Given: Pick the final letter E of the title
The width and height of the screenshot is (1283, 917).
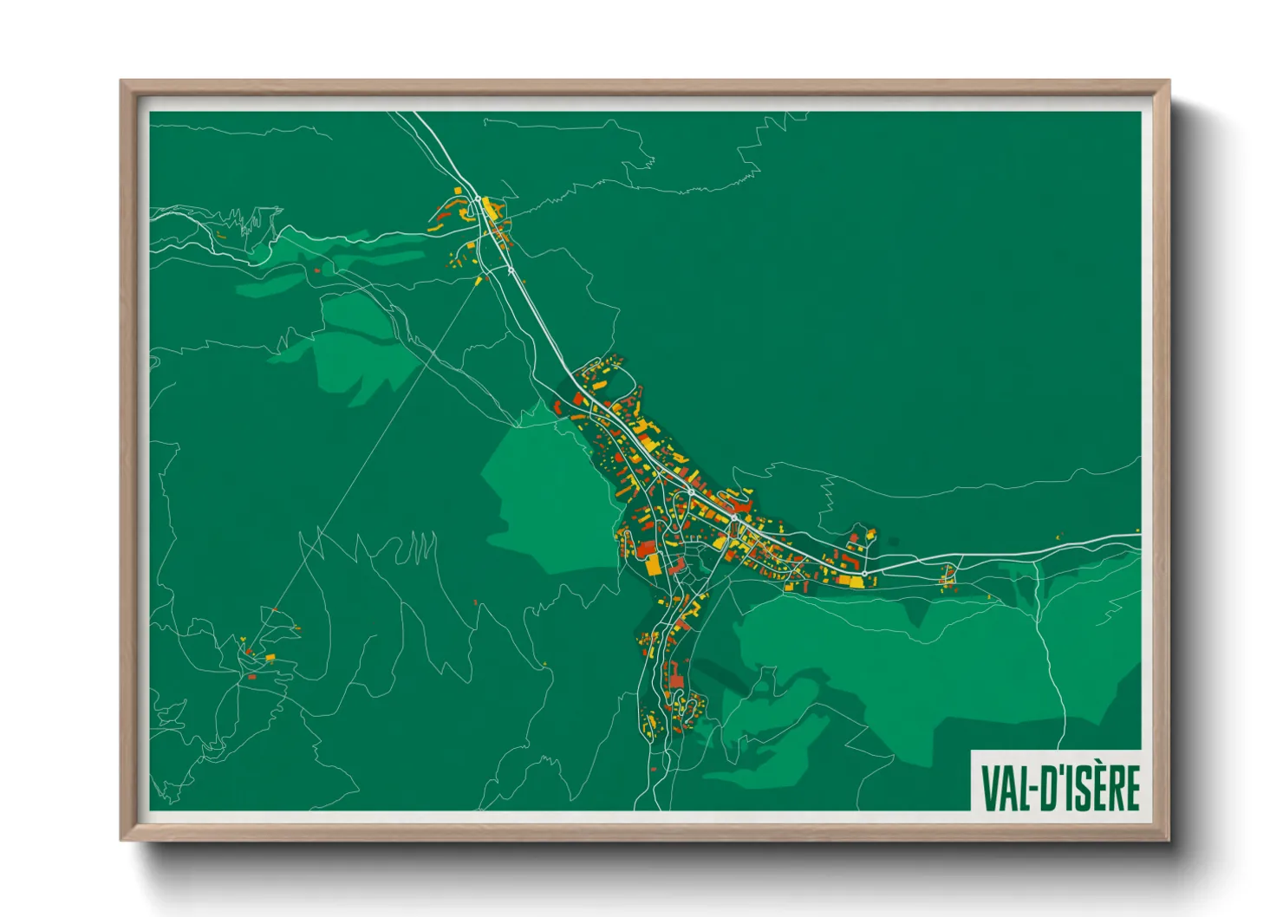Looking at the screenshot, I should point(1130,787).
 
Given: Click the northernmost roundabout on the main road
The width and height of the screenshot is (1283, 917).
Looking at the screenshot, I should point(478,199).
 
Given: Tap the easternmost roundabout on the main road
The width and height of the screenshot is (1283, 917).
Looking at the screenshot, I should point(864,574).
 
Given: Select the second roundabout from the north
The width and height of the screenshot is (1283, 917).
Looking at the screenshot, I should point(511,270).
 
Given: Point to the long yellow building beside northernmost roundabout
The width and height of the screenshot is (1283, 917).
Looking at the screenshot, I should point(491,208).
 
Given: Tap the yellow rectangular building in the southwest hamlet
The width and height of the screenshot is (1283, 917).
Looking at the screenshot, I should point(270,659).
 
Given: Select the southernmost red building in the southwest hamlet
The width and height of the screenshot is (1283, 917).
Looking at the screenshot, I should point(251,676).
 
